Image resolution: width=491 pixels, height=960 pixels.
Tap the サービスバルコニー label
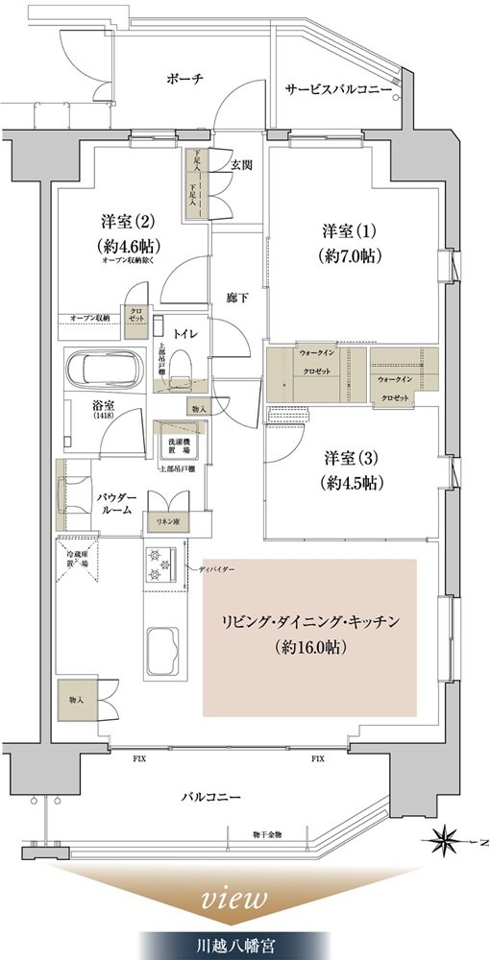337,89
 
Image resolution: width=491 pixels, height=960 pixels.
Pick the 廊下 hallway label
237,298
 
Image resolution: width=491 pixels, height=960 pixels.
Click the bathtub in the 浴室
108,368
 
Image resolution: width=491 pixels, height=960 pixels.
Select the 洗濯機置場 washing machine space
180,444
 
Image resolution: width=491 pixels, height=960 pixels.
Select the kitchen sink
165,646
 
